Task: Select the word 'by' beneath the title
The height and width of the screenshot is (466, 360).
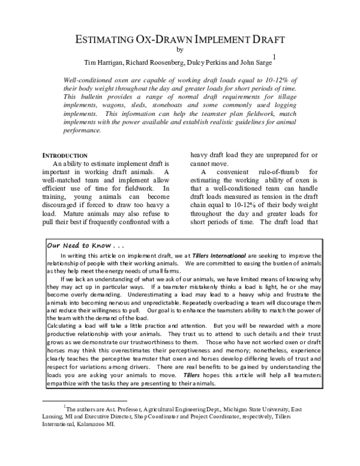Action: [x=180, y=50]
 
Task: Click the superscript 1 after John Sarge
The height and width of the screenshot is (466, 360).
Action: [x=274, y=57]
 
